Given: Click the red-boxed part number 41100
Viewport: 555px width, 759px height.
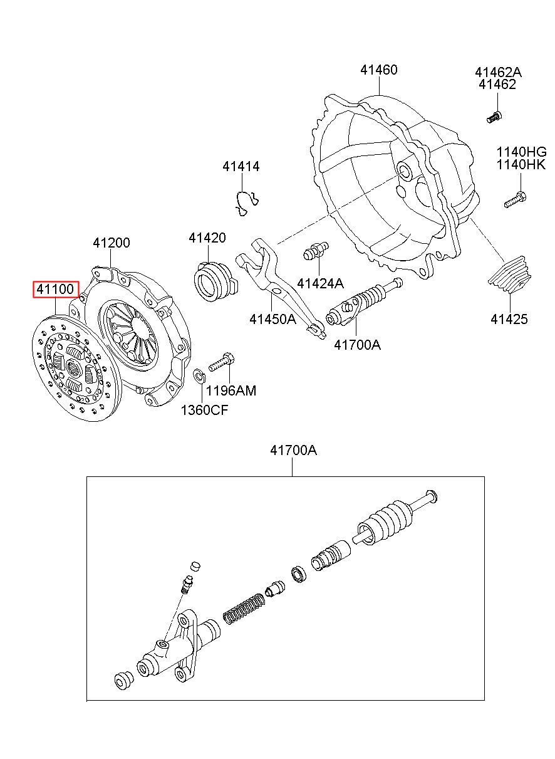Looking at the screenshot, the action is click(55, 290).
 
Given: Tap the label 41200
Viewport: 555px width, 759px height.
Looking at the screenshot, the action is click(112, 243).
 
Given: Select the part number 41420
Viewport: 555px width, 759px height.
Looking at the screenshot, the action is click(207, 238).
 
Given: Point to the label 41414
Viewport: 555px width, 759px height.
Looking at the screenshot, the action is click(241, 166).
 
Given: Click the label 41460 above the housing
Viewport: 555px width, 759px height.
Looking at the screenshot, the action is click(379, 70).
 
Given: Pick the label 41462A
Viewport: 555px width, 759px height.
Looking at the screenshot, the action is click(498, 72).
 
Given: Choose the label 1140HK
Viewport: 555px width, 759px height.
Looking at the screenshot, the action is click(521, 165).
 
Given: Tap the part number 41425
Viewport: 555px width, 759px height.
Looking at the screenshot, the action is click(509, 319).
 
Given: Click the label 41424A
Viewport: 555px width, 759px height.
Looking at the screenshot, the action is click(320, 283).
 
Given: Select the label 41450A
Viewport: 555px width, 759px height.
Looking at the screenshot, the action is click(273, 319).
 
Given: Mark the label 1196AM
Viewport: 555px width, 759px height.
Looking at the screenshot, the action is click(231, 390).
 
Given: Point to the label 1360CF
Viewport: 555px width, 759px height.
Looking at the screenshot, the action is click(205, 411).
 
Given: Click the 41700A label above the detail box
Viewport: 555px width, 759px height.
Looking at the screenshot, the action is click(294, 450).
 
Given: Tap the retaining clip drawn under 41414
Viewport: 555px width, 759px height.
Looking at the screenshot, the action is click(247, 203).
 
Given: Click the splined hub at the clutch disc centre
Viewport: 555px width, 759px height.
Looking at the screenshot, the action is click(73, 367).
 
